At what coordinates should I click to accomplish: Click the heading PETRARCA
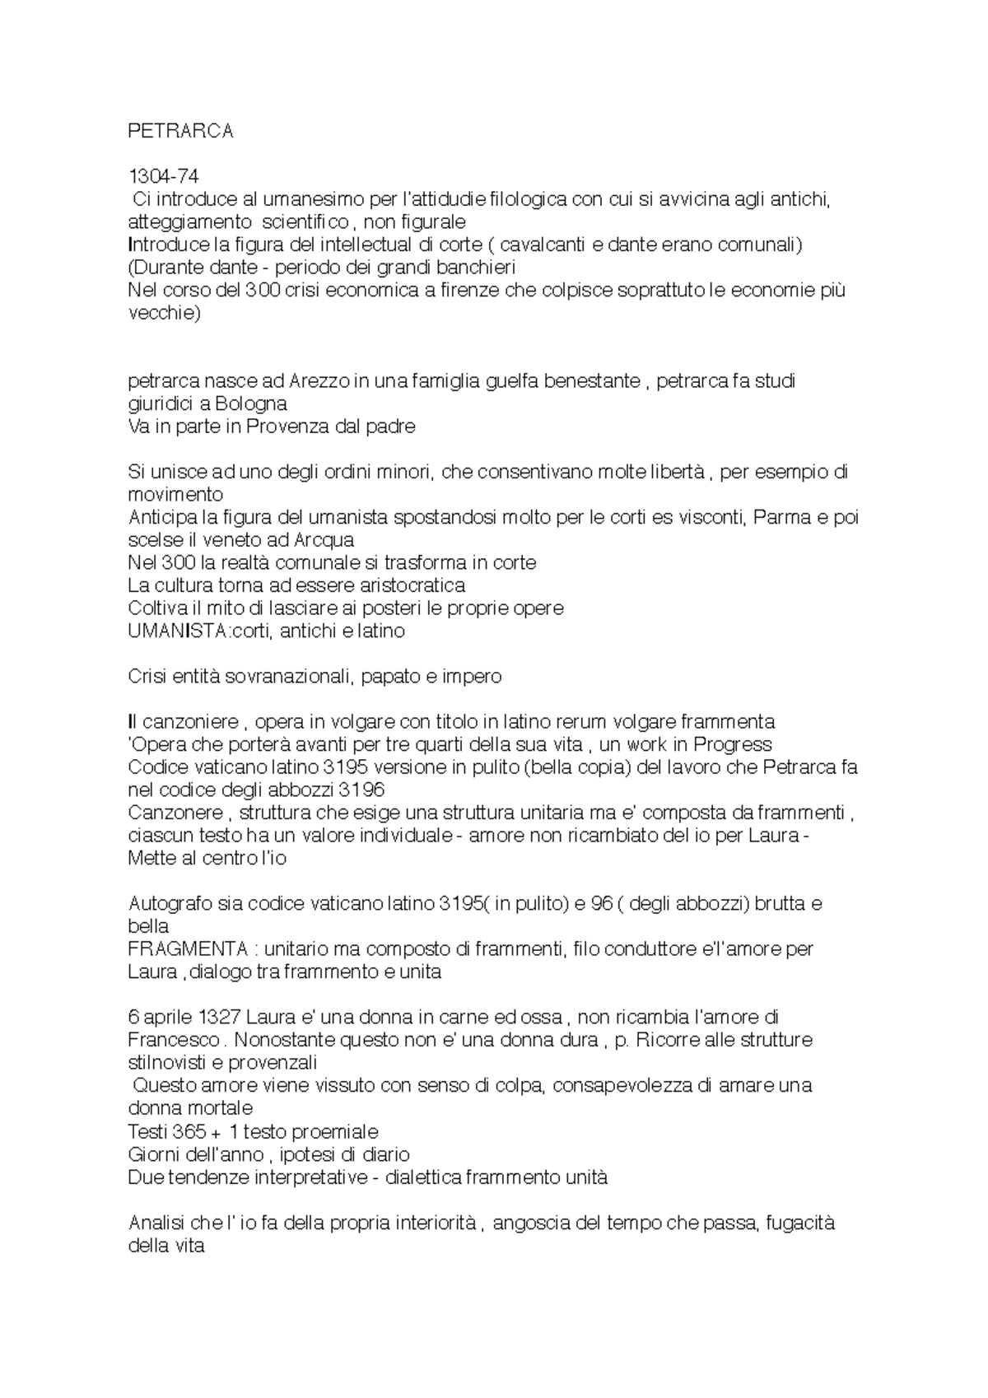[x=181, y=132]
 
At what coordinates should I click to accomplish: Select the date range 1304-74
[x=164, y=176]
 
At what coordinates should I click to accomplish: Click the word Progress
[x=733, y=745]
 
